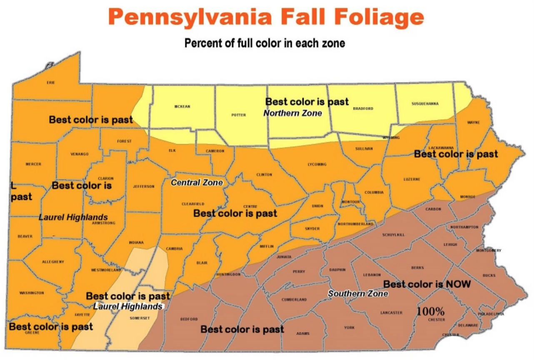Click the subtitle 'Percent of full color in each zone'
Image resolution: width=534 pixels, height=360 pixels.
[265, 43]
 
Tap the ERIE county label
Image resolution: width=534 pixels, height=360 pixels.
[50, 82]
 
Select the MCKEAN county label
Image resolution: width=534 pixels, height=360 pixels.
[182, 107]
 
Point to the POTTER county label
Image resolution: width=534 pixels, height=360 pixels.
[239, 115]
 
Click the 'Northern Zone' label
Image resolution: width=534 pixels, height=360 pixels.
[292, 113]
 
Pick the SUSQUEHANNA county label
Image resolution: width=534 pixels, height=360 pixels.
[425, 104]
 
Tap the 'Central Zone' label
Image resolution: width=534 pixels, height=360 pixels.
[197, 182]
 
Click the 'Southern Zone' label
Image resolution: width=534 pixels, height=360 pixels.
[358, 293]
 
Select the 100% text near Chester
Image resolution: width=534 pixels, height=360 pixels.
[431, 311]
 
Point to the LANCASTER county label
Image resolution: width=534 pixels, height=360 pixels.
[391, 312]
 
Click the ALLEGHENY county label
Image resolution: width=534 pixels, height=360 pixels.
[53, 262]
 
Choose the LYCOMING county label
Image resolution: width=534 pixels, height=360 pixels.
[317, 164]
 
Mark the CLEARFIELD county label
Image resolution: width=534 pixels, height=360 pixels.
[193, 204]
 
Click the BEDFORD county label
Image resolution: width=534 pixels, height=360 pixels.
[189, 319]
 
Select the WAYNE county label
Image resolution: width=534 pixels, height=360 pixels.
[473, 122]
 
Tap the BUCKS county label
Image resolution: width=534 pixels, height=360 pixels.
[489, 275]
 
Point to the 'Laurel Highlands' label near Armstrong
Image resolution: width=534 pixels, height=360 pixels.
[73, 217]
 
